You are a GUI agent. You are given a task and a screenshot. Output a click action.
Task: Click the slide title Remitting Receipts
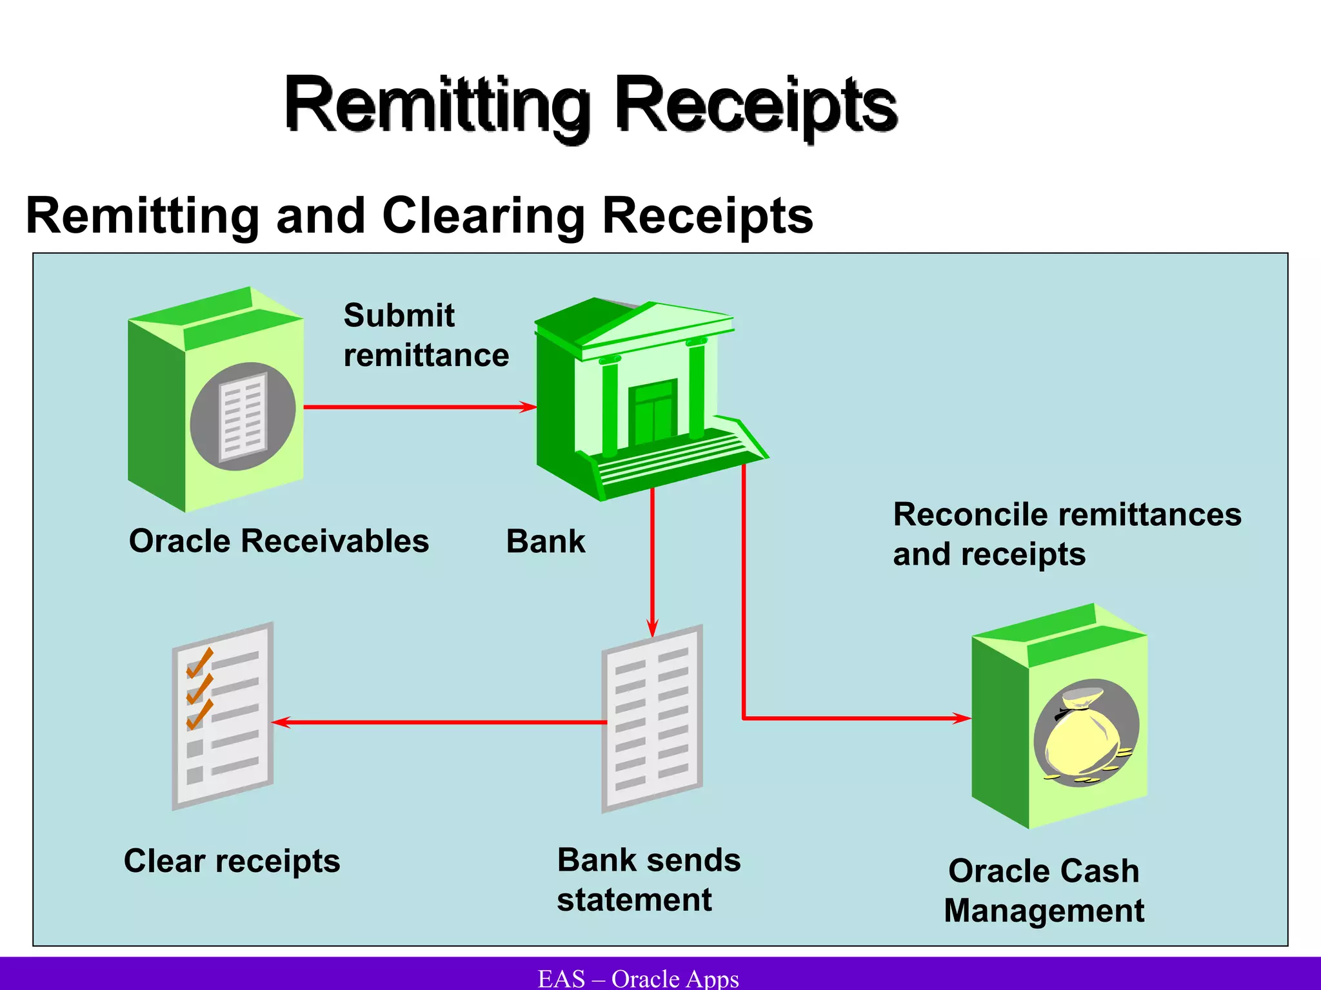pyautogui.click(x=590, y=105)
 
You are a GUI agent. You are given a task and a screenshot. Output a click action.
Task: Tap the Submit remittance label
pyautogui.click(x=426, y=335)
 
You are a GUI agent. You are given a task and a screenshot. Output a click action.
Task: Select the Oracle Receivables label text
pyautogui.click(x=279, y=541)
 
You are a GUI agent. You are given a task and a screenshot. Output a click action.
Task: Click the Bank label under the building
pyautogui.click(x=546, y=541)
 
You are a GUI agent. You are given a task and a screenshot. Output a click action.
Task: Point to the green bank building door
pyautogui.click(x=654, y=412)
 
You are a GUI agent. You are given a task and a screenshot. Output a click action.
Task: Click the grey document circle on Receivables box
pyautogui.click(x=243, y=416)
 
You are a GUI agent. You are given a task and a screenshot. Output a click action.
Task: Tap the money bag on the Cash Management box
pyautogui.click(x=1084, y=735)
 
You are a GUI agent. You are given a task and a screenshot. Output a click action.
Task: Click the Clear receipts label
pyautogui.click(x=232, y=861)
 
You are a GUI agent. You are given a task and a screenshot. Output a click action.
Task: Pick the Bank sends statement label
pyautogui.click(x=648, y=880)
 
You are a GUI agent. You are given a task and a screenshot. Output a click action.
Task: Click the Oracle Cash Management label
pyautogui.click(x=1044, y=891)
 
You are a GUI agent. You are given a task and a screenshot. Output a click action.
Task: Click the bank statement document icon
pyautogui.click(x=651, y=719)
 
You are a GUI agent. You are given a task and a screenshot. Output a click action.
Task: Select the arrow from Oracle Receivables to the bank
pyautogui.click(x=419, y=407)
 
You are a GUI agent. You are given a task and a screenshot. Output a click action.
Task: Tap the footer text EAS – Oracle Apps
pyautogui.click(x=638, y=978)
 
